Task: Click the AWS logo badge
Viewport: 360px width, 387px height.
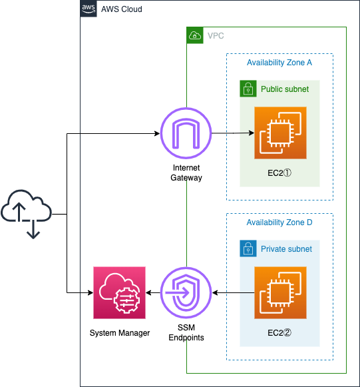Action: click(89, 9)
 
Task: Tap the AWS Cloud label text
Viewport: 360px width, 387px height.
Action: click(122, 9)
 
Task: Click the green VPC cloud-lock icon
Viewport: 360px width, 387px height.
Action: click(195, 35)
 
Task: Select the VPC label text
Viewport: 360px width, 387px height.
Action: click(216, 36)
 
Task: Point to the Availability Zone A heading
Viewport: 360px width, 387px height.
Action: click(279, 63)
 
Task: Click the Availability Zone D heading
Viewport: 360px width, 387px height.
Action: click(279, 222)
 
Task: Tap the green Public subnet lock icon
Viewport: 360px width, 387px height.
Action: click(248, 89)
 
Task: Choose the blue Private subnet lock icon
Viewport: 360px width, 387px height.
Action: click(248, 248)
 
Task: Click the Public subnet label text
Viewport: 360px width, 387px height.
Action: click(285, 89)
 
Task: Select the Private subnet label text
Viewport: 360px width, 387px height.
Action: click(286, 249)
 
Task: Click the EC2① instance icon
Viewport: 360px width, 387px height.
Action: click(280, 133)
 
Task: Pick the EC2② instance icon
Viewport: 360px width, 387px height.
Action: click(280, 292)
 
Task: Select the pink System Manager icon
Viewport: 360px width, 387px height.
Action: click(119, 292)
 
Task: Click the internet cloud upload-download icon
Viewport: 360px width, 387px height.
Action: click(26, 214)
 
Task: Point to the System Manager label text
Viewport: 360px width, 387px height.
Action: click(120, 333)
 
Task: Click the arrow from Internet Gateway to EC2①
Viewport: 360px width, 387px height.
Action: click(233, 133)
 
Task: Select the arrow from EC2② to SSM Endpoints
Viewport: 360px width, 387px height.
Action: click(234, 292)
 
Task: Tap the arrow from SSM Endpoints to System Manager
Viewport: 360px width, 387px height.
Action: click(153, 292)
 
